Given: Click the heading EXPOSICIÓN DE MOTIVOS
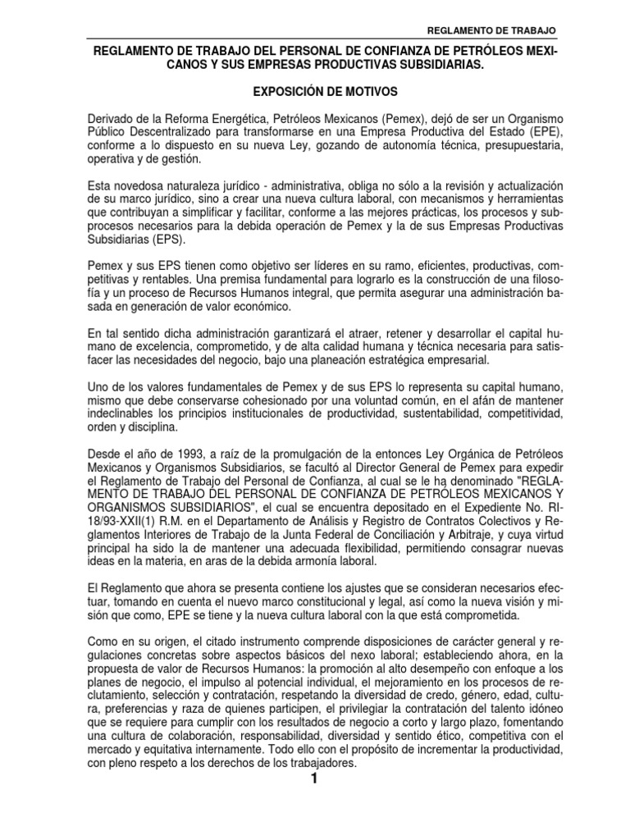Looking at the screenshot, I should pyautogui.click(x=313, y=92).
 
